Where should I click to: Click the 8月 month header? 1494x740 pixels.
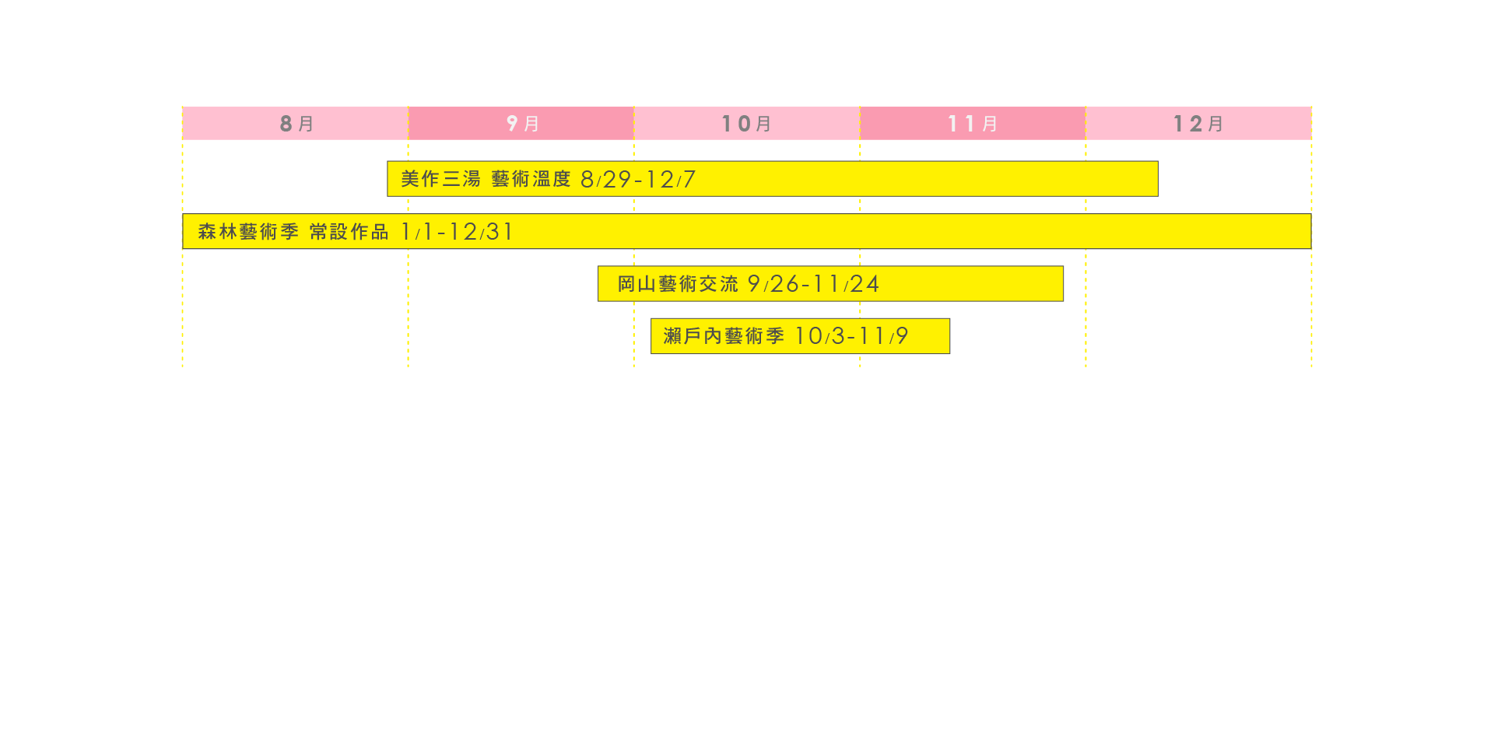point(296,124)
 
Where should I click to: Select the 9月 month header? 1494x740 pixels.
point(521,124)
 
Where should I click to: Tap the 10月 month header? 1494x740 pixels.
point(746,124)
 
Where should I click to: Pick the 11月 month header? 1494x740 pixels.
point(972,124)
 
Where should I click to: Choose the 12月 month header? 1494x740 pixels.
point(1198,124)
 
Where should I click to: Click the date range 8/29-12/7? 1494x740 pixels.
point(638,180)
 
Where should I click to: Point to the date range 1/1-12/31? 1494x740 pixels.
point(457,232)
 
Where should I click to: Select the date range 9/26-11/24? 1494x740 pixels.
point(813,284)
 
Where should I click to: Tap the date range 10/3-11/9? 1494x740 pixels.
point(851,336)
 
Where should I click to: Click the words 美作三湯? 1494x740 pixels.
point(440,179)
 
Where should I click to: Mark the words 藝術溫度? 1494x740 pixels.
point(531,179)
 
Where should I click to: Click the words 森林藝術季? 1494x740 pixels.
point(248,232)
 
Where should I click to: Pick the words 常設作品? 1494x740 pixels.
point(349,232)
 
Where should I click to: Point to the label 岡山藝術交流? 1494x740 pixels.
point(678,284)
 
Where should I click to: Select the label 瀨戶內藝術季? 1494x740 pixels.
point(724,336)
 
